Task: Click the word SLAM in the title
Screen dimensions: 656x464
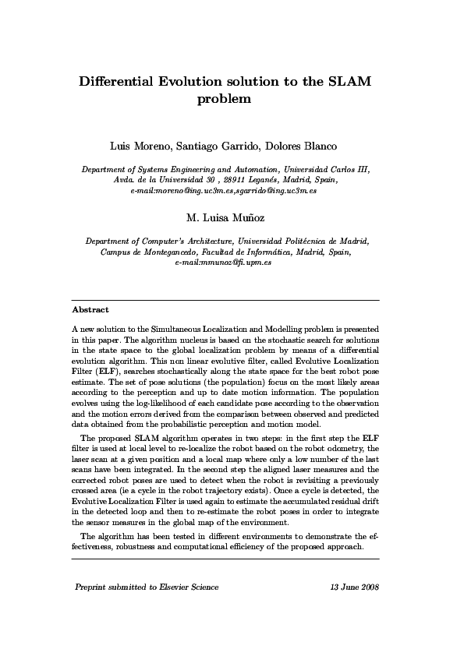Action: [x=348, y=82]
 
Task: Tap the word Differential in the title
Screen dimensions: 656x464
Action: [x=126, y=82]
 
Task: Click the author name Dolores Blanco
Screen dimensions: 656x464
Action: [x=305, y=146]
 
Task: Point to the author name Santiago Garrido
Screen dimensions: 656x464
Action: [x=221, y=146]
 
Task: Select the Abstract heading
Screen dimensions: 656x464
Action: [x=90, y=310]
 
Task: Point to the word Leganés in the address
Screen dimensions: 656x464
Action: [x=255, y=180]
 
